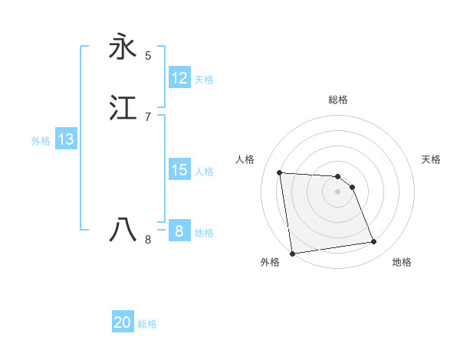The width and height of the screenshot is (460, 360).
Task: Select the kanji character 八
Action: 123,229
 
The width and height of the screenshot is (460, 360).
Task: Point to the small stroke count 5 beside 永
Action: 148,56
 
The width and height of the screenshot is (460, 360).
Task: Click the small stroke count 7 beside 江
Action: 148,116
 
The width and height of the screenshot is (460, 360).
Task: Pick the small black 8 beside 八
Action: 148,240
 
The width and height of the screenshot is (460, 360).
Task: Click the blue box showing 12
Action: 179,78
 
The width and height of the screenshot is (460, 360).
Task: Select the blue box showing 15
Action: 179,170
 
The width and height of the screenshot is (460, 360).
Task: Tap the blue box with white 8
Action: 179,231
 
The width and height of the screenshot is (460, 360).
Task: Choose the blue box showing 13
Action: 66,139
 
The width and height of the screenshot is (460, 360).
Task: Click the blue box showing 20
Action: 123,323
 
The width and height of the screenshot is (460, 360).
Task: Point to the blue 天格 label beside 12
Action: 204,80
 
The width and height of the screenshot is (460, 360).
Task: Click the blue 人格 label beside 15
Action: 204,172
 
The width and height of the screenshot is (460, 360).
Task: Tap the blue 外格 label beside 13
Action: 41,141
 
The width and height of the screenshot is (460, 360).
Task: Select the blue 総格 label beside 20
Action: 147,325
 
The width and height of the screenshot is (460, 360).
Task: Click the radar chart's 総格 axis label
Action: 338,100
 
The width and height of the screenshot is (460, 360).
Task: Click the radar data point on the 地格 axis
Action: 374,242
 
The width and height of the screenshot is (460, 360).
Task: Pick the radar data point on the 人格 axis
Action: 280,172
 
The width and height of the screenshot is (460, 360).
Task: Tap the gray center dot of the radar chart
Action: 338,191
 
